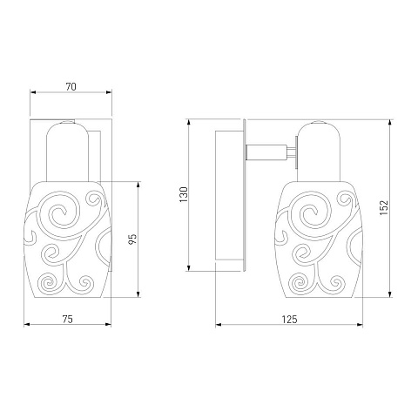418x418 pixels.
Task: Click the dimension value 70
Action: [71, 87]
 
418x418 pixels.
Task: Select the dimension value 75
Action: [67, 319]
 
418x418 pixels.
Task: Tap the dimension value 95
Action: [132, 239]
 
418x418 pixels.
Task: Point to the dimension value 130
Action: [184, 194]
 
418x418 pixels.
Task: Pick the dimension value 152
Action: [384, 207]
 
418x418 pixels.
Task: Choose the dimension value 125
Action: [290, 320]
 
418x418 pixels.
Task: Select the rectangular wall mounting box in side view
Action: [229, 195]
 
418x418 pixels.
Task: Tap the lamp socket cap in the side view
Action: [319, 151]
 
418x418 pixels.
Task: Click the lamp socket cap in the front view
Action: [67, 151]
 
